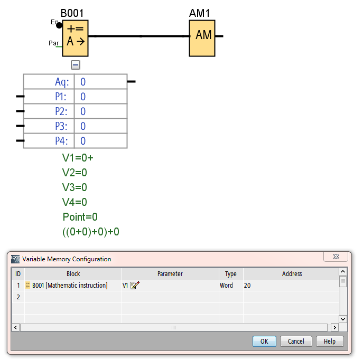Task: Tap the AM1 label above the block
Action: (x=201, y=13)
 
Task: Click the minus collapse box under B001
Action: (x=76, y=65)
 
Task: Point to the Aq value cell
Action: (x=100, y=82)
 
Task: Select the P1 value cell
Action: (x=100, y=97)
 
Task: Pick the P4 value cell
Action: (x=100, y=141)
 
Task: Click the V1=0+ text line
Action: (x=78, y=157)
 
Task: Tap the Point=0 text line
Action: (x=80, y=217)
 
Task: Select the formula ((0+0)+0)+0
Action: (x=91, y=232)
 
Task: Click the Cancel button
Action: (x=296, y=341)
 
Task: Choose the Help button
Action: (x=330, y=341)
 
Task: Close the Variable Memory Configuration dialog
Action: (x=336, y=257)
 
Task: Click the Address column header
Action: (x=292, y=274)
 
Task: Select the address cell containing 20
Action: (x=290, y=286)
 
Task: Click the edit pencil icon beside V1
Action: (x=134, y=286)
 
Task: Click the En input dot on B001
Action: (x=59, y=24)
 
